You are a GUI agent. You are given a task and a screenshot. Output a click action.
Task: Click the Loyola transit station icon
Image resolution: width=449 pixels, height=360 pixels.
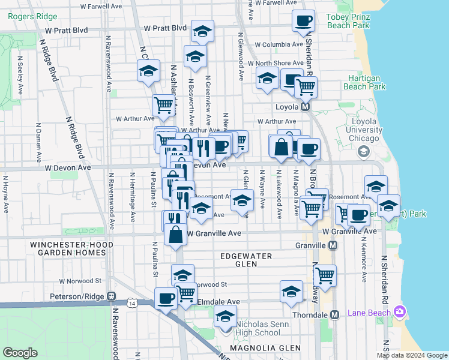pyautogui.click(x=305, y=107)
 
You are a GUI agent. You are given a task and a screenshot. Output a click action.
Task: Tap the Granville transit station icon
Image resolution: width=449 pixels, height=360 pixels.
pyautogui.click(x=333, y=245)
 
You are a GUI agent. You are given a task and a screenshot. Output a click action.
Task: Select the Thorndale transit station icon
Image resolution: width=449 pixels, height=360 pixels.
pyautogui.click(x=334, y=314)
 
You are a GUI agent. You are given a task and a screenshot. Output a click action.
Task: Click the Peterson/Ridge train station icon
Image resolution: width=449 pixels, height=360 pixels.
pyautogui.click(x=111, y=296)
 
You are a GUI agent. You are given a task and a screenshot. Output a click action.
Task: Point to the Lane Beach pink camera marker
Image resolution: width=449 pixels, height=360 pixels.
pyautogui.click(x=400, y=312)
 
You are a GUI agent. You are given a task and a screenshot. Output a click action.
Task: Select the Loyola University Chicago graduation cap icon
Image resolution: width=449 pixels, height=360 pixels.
pyautogui.click(x=363, y=152)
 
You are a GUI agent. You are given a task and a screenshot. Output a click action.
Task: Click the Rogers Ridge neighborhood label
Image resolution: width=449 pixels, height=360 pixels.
pyautogui.click(x=32, y=16)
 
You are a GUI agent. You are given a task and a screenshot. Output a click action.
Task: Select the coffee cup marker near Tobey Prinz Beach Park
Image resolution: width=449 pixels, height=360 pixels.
pyautogui.click(x=303, y=21)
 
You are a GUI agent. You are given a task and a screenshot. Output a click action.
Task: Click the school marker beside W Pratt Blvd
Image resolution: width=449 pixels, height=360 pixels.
pyautogui.click(x=203, y=31)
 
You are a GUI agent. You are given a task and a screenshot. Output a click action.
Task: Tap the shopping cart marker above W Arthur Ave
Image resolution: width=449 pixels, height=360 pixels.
pyautogui.click(x=163, y=106)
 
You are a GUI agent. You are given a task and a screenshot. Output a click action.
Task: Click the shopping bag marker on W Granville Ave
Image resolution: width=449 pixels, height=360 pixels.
pyautogui.click(x=176, y=235)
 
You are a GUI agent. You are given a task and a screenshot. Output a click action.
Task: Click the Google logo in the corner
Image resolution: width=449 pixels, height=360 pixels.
pyautogui.click(x=20, y=353)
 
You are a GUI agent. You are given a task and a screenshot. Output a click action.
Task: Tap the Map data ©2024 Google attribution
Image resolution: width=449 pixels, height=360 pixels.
pyautogui.click(x=412, y=355)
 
